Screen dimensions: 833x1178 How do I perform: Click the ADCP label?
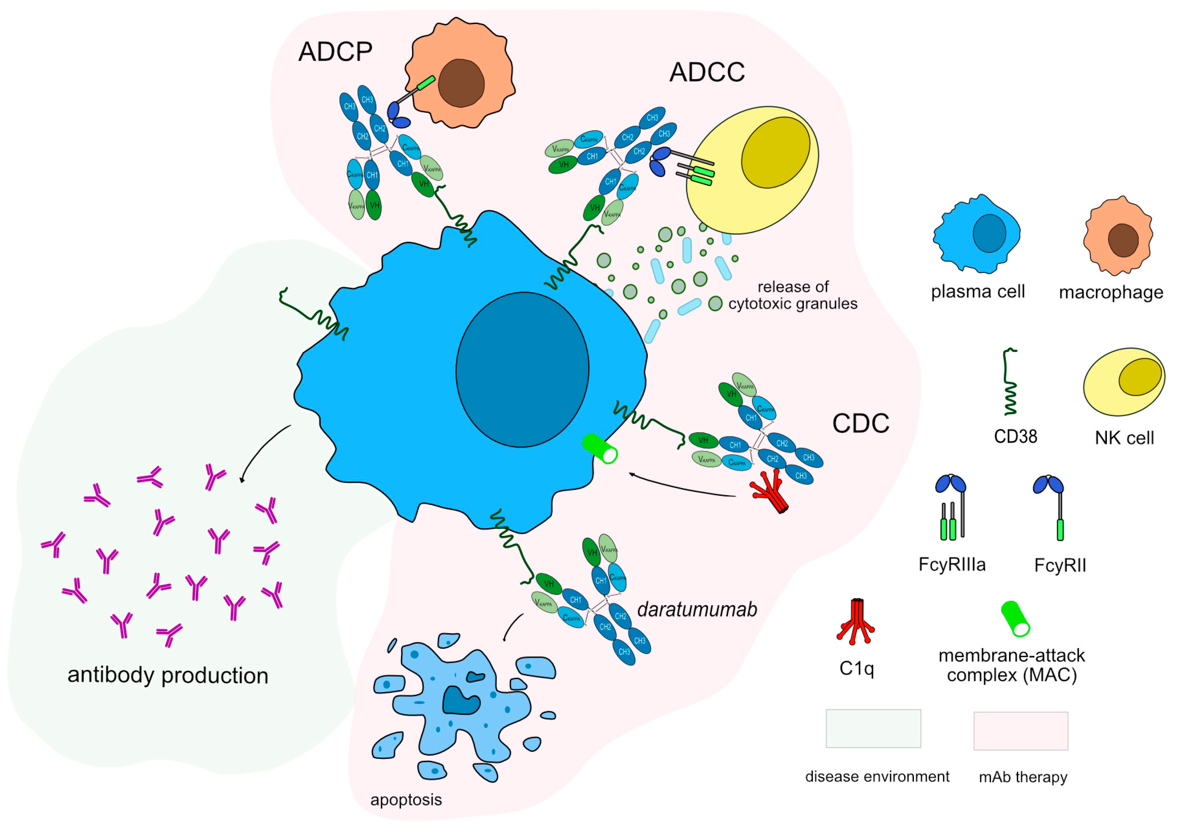click(335, 52)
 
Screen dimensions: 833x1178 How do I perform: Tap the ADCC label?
click(707, 72)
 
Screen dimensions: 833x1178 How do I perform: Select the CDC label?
click(860, 424)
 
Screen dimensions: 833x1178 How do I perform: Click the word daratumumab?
click(697, 610)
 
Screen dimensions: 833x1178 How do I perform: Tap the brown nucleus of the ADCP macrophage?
click(461, 83)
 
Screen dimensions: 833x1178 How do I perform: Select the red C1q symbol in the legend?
click(855, 622)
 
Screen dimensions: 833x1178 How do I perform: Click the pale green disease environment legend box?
click(873, 728)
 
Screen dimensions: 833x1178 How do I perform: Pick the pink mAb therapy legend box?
click(1021, 730)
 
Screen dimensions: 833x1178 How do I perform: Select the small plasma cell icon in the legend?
click(976, 234)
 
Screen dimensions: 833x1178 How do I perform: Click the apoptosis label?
click(406, 800)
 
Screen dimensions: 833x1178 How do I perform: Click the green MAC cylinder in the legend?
click(1015, 619)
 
